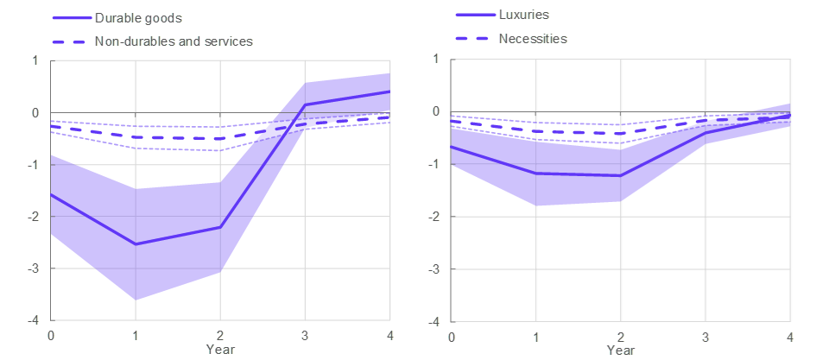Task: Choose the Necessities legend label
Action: (533, 39)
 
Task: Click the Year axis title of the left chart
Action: (220, 349)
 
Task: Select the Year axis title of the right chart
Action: (621, 350)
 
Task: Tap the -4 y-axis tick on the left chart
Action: (34, 321)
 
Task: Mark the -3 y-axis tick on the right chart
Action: (434, 268)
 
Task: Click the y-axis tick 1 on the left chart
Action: (36, 60)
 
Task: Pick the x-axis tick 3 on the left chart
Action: (305, 335)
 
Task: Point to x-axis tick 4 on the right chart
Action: (790, 335)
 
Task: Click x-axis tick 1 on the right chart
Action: (536, 335)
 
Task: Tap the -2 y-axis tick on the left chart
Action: (34, 217)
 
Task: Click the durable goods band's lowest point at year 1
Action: (136, 300)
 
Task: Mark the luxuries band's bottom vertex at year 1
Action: (536, 206)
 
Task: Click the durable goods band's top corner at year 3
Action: (305, 83)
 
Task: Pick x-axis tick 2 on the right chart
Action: (621, 335)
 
